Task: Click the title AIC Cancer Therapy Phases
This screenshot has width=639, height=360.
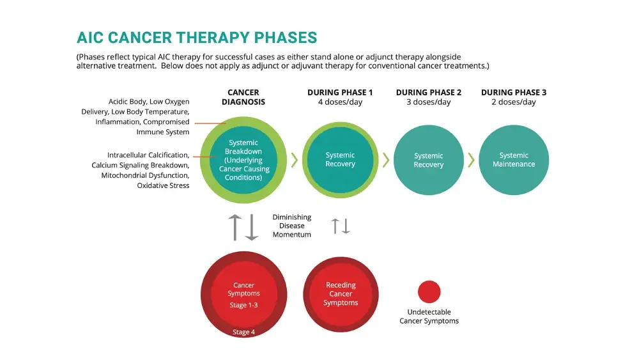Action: pos(196,37)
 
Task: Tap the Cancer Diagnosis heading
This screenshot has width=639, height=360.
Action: pos(243,97)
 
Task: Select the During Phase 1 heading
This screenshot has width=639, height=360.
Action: pos(340,93)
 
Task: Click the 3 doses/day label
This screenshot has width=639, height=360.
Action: pos(428,102)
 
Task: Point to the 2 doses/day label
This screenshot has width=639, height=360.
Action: pos(514,102)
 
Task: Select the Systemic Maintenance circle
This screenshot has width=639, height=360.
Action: pos(514,160)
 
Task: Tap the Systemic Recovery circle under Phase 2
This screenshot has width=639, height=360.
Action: pos(428,160)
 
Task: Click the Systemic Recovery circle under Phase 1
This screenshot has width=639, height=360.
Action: pos(340,160)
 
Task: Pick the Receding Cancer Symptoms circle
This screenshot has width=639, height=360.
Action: pos(341,293)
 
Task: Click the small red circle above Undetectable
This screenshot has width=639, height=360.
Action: pos(429,292)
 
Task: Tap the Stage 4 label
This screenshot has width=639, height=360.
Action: pos(243,333)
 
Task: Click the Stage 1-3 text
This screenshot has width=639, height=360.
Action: pos(243,305)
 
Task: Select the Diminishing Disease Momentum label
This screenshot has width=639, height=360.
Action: pos(292,226)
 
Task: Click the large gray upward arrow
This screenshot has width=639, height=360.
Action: pos(235,227)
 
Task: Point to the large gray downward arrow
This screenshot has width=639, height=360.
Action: pos(252,227)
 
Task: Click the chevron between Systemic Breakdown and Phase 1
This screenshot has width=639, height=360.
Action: pos(295,160)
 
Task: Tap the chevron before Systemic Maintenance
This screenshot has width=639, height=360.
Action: pos(471,160)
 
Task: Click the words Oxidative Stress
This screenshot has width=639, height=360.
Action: pos(164,185)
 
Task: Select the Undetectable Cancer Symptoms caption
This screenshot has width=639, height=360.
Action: pos(429,317)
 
